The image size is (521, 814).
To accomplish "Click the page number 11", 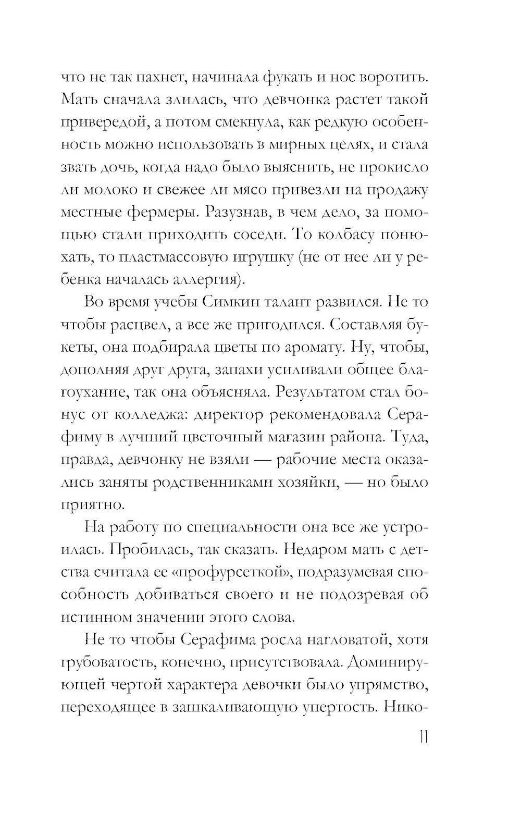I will pyautogui.click(x=422, y=738).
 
